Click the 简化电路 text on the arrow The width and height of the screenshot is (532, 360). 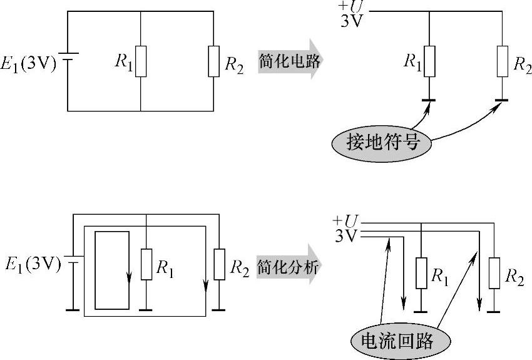(289, 61)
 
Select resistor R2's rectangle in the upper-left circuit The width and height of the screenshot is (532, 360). (214, 61)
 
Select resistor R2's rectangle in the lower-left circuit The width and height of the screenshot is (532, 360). (218, 264)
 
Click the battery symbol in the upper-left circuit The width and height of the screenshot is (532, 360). (71, 61)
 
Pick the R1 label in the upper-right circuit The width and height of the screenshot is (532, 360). (412, 61)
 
